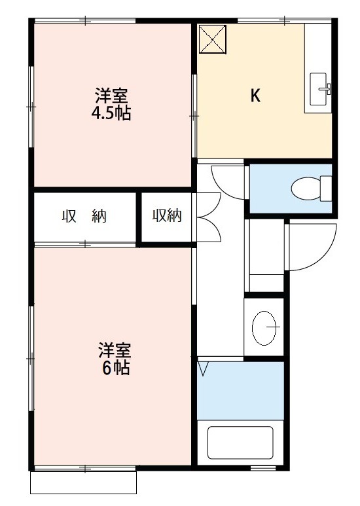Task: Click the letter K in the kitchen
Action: coord(255,96)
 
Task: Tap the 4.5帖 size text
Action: coord(111,113)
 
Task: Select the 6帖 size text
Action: coord(116,368)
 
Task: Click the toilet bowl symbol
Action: coord(306,188)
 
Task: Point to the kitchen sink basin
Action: coord(318,89)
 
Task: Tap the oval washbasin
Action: coord(264,328)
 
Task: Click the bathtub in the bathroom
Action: coord(240,443)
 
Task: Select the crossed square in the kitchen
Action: coord(213,39)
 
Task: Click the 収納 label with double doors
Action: coord(167,215)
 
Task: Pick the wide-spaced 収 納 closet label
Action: coord(84,216)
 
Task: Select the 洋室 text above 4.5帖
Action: coord(111,96)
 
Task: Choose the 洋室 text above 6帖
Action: coord(115,350)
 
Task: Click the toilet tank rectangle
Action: coord(326,189)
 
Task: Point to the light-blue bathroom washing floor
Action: coord(240,391)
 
